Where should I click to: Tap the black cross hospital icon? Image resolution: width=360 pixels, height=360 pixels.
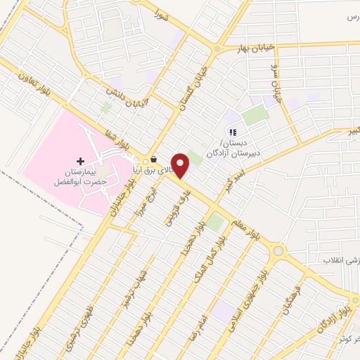tap(80, 162)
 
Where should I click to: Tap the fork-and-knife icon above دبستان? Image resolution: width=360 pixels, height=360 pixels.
tap(232, 131)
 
